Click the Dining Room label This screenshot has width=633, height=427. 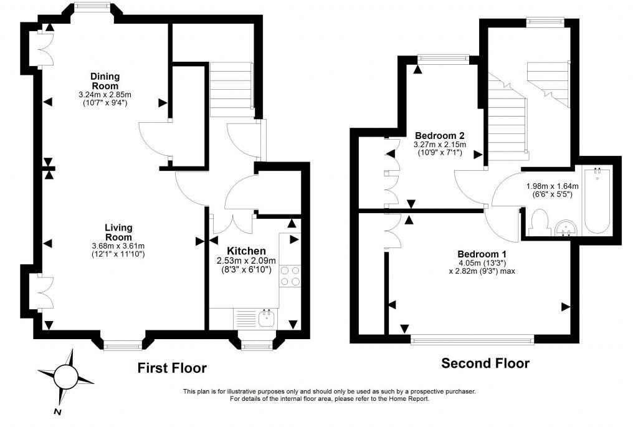pos(105,81)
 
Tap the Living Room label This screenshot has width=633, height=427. pos(118,233)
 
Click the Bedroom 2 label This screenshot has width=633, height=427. pos(440,135)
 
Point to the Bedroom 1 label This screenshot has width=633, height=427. pos(482,254)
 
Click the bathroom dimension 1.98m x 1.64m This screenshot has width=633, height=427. pos(552,186)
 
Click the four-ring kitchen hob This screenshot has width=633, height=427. pos(291,276)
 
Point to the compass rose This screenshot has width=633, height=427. pos(65,376)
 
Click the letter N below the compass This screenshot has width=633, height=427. pos(57,412)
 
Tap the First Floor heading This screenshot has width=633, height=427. pos(171,368)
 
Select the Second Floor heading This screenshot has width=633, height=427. pos(485,363)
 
